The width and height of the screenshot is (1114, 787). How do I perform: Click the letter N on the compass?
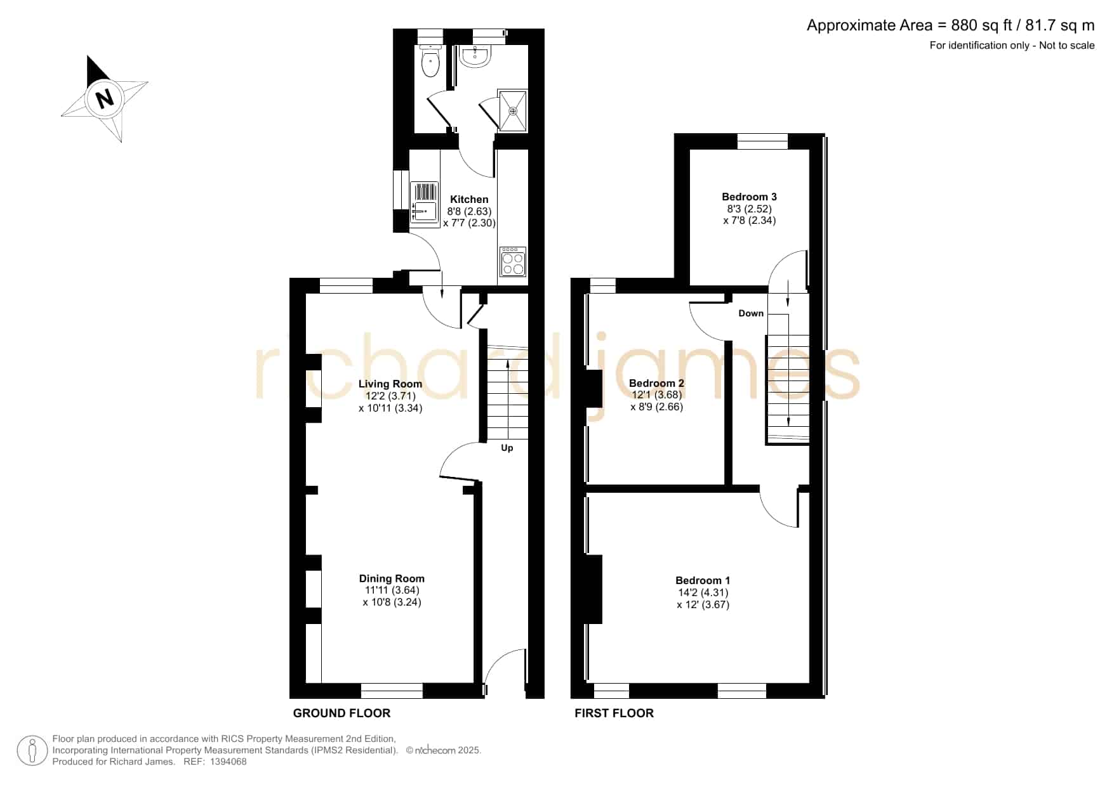(x=104, y=98)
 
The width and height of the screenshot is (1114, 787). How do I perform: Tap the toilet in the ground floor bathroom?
(x=430, y=61)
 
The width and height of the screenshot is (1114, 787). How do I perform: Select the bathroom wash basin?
(x=475, y=56)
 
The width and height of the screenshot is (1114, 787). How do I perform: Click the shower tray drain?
(x=513, y=111)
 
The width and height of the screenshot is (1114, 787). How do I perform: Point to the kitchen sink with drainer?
(x=425, y=204)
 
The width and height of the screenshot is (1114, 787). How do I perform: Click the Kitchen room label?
(x=469, y=199)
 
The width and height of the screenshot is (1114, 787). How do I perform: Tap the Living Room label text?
(x=390, y=384)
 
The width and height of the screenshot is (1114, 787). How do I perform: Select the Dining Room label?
(x=392, y=578)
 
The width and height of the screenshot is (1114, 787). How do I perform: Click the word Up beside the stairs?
(x=507, y=448)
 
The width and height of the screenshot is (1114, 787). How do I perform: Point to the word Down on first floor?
(x=751, y=313)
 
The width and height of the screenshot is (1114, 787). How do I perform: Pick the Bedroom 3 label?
(x=749, y=197)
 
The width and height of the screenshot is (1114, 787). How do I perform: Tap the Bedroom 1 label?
(x=703, y=580)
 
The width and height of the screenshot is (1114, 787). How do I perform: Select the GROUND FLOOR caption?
(x=341, y=713)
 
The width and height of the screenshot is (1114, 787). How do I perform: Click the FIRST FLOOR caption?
(x=614, y=713)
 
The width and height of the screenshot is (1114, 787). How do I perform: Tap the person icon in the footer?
(x=32, y=751)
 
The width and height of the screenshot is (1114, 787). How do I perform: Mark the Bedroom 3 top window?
(x=762, y=141)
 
